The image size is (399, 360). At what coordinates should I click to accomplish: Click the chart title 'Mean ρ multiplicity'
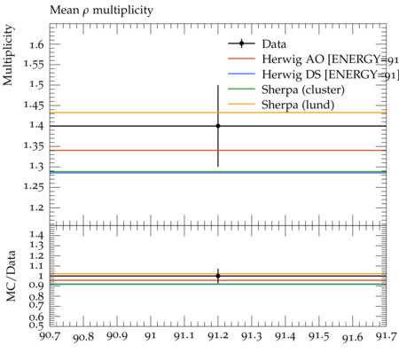pyautogui.click(x=101, y=11)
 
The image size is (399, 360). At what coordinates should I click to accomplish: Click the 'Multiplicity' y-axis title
pyautogui.click(x=8, y=55)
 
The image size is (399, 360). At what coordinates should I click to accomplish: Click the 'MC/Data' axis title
pyautogui.click(x=11, y=276)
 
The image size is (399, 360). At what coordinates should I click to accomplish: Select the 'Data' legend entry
pyautogui.click(x=257, y=44)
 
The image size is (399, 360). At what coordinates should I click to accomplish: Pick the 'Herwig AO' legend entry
pyautogui.click(x=313, y=59)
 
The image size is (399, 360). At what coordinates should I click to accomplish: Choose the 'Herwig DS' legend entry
pyautogui.click(x=313, y=74)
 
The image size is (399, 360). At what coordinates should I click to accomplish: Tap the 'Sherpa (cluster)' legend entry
pyautogui.click(x=286, y=90)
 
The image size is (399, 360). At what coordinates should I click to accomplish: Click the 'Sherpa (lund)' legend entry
pyautogui.click(x=281, y=105)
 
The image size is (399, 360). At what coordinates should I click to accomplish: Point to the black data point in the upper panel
pyautogui.click(x=218, y=126)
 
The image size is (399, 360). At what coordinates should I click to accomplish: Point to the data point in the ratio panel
pyautogui.click(x=218, y=276)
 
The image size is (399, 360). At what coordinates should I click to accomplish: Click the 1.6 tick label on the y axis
pyautogui.click(x=36, y=44)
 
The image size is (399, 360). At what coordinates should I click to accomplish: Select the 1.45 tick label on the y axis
pyautogui.click(x=34, y=106)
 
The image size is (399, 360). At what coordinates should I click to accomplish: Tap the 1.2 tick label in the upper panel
pyautogui.click(x=36, y=207)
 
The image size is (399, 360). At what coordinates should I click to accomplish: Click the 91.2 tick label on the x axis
pyautogui.click(x=218, y=336)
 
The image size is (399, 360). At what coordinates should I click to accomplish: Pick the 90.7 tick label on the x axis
pyautogui.click(x=50, y=336)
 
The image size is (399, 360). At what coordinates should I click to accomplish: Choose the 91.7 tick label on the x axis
pyautogui.click(x=386, y=336)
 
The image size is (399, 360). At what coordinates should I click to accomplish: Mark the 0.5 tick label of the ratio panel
pyautogui.click(x=36, y=325)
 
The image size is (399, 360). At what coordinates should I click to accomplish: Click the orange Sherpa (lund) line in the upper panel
pyautogui.click(x=218, y=113)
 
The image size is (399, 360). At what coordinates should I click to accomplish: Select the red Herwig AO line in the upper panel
pyautogui.click(x=218, y=150)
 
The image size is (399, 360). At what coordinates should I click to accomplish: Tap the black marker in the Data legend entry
pyautogui.click(x=241, y=43)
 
